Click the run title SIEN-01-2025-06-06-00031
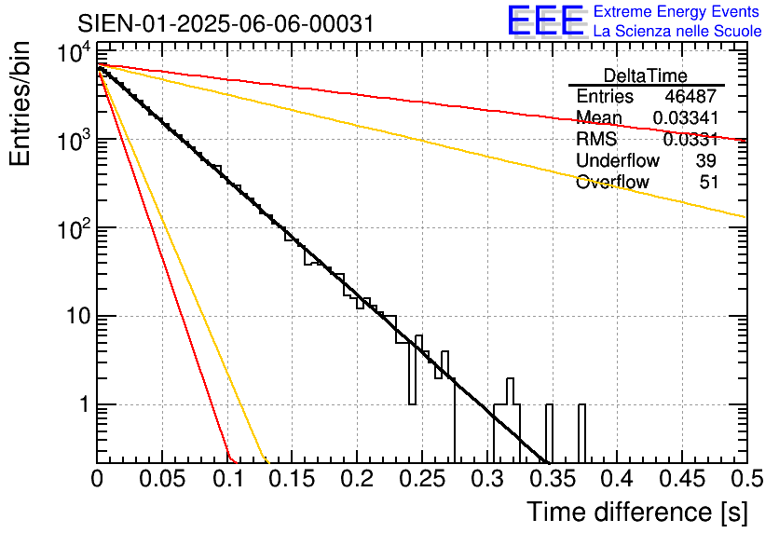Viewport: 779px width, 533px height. (x=226, y=23)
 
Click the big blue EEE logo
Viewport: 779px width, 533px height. (x=545, y=21)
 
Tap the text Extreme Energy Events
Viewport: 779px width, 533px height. (x=677, y=12)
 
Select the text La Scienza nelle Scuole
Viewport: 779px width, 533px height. (x=677, y=31)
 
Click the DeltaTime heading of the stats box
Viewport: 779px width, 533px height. (x=646, y=75)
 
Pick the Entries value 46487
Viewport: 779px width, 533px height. (x=691, y=97)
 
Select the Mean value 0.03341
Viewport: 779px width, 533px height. (x=685, y=118)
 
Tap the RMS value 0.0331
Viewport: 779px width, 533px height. (x=690, y=140)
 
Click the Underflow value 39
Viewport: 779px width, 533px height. (x=706, y=161)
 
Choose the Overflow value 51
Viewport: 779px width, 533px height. (x=708, y=183)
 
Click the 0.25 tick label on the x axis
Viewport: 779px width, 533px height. (x=422, y=480)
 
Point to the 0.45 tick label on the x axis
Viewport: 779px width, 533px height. (x=681, y=480)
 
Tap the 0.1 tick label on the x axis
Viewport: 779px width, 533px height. (x=227, y=480)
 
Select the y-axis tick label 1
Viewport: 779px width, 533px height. (x=82, y=405)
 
